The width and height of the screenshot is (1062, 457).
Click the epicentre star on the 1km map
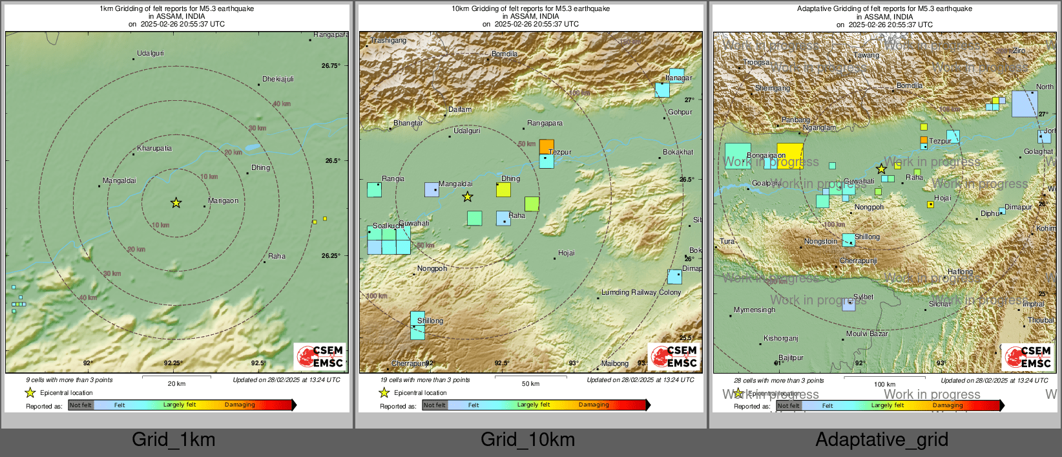[x=176, y=203]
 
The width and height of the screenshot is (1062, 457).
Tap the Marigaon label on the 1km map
[x=224, y=201]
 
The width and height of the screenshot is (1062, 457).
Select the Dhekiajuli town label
[x=278, y=80]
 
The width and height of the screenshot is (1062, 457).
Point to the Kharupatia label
[x=154, y=149]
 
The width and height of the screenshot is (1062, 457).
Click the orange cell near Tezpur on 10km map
[x=547, y=146]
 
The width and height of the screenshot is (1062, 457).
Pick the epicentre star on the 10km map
[x=467, y=197]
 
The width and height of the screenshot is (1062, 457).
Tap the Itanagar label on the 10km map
[x=679, y=78]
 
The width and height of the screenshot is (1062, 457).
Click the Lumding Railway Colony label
[x=641, y=293]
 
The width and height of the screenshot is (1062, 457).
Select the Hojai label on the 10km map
[x=567, y=253]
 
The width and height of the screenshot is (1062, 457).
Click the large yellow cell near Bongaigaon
[x=790, y=155]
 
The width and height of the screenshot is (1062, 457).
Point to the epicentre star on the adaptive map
[x=881, y=169]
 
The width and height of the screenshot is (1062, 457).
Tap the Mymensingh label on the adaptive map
[x=754, y=310]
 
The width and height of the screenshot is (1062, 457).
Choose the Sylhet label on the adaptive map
[x=863, y=297]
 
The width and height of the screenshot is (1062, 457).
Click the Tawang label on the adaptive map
[x=866, y=56]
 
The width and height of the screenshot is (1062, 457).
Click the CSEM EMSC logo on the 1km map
[x=320, y=356]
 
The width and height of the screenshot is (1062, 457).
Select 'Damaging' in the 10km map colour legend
[x=594, y=405]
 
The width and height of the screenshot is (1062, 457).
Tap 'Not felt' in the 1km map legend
[x=81, y=405]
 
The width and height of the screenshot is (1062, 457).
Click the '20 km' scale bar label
[x=176, y=384]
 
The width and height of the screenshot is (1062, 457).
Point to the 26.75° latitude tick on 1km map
[x=331, y=66]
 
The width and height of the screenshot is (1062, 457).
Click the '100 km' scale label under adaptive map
[x=884, y=385]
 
